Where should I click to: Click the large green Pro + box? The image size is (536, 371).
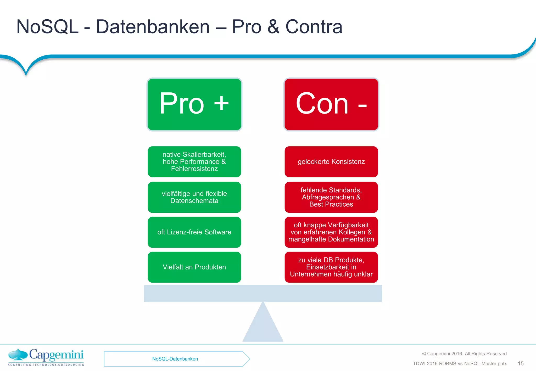click(194, 104)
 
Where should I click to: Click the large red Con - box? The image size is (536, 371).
click(331, 104)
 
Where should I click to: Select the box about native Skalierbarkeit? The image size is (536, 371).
click(194, 162)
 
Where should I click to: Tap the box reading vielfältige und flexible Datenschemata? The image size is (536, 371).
click(194, 197)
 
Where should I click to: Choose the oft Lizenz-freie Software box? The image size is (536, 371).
click(194, 232)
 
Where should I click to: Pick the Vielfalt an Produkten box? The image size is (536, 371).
click(194, 267)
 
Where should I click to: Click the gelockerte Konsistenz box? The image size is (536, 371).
click(331, 162)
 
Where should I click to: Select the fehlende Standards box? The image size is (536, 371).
click(331, 197)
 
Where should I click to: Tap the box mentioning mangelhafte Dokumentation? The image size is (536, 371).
click(331, 232)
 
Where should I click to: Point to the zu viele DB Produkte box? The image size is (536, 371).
click(331, 267)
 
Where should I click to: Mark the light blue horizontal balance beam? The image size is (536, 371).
click(263, 293)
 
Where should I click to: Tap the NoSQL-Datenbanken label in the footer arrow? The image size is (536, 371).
click(175, 359)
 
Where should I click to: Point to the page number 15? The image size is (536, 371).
click(521, 363)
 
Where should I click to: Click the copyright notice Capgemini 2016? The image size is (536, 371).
click(464, 354)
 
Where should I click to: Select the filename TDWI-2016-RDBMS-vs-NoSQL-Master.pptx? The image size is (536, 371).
click(460, 364)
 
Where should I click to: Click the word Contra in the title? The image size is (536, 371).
click(314, 27)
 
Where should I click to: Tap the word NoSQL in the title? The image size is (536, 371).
click(47, 27)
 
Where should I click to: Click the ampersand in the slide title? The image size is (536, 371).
click(273, 27)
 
